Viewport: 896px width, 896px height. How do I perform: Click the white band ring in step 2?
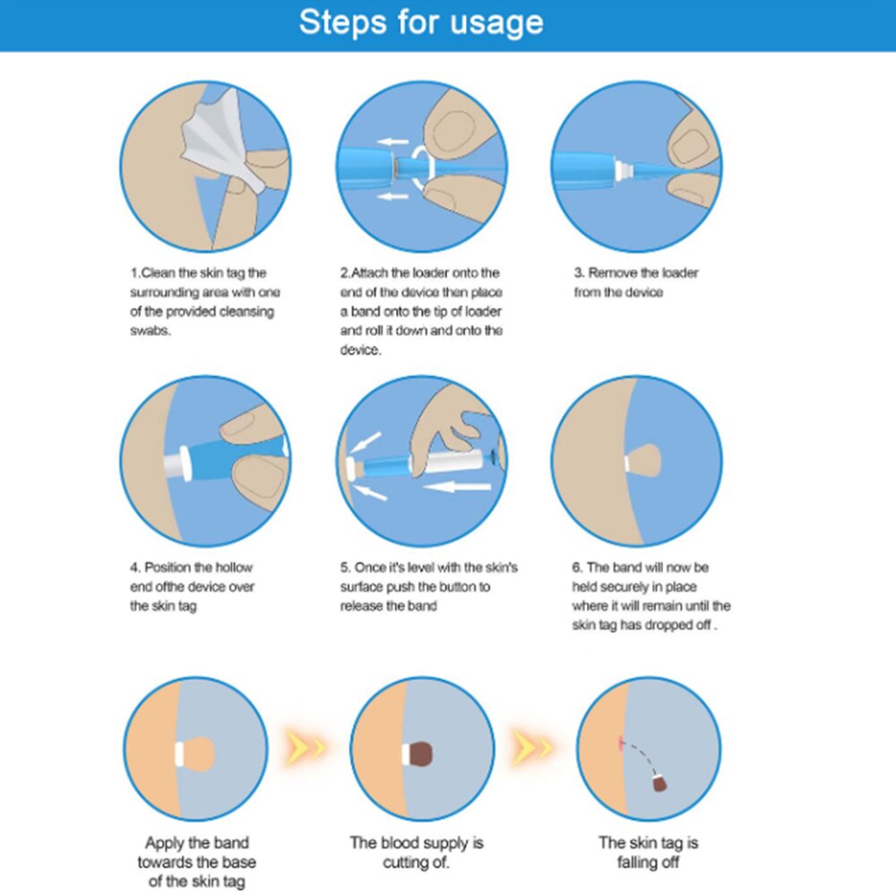(422, 167)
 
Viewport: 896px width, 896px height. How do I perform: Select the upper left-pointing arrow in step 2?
(392, 142)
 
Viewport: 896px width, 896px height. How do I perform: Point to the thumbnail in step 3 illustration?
(690, 148)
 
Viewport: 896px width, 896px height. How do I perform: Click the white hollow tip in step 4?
(177, 463)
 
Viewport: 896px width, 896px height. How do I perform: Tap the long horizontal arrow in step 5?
(457, 487)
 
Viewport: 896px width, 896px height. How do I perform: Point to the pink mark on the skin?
(621, 743)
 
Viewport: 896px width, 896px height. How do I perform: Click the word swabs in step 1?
(151, 331)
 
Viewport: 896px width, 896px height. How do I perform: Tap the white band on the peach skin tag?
(179, 754)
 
